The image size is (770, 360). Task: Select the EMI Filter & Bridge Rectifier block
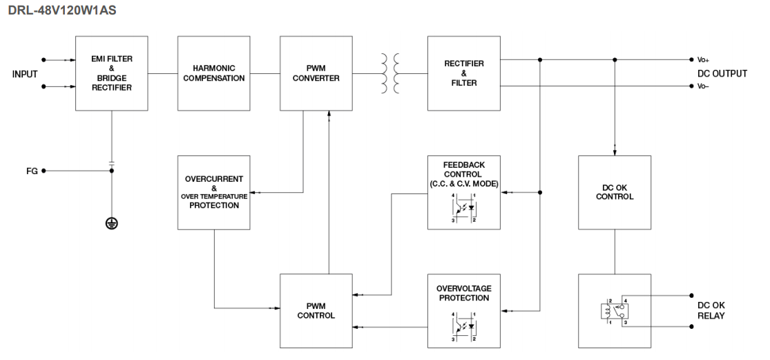(111, 73)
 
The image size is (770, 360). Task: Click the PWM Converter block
(316, 73)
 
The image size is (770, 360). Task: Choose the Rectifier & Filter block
(463, 73)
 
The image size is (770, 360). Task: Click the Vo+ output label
(702, 59)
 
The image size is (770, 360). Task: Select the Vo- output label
(702, 86)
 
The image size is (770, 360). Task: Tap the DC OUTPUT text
(722, 73)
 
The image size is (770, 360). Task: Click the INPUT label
(24, 73)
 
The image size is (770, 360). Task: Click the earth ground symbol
(111, 223)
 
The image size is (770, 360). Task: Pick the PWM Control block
(316, 310)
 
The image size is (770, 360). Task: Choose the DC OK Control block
(614, 191)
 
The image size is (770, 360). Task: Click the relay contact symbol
(614, 312)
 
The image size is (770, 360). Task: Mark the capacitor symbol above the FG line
(111, 163)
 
